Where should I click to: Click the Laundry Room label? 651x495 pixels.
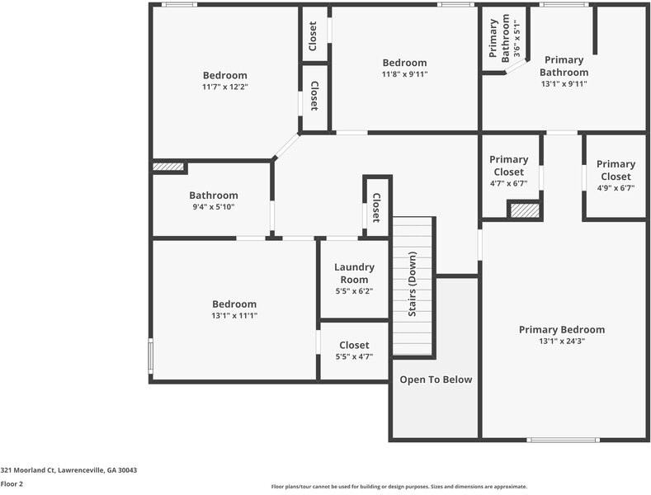354,273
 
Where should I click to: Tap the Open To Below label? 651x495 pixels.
436,379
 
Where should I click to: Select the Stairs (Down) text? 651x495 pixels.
413,285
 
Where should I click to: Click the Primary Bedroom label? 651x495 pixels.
561,329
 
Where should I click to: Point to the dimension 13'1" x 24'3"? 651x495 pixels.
561,342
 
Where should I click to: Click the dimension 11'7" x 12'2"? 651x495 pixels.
224,87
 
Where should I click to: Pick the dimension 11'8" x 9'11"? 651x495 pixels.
404,74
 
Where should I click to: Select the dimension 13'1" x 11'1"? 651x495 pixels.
234,316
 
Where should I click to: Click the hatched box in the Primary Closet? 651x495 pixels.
524,210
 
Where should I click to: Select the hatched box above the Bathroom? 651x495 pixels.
168,167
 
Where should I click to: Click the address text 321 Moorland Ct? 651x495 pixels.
68,470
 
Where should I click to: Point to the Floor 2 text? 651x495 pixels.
12,484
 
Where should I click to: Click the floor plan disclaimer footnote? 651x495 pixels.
399,487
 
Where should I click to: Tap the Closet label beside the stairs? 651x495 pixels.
375,208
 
